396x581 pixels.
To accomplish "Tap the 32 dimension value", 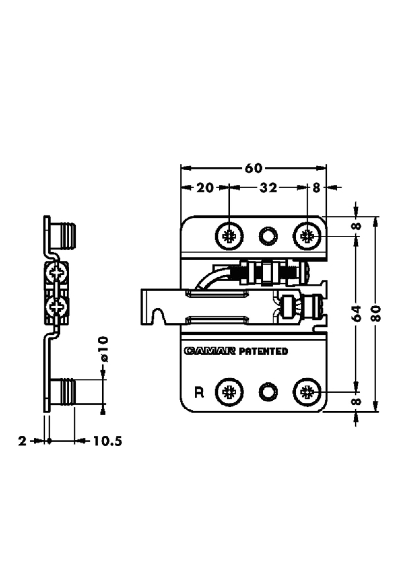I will click(268, 188).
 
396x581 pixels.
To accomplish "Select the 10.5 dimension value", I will click(108, 440).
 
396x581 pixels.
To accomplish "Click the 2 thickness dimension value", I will click(22, 440).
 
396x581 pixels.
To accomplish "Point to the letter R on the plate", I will click(199, 393).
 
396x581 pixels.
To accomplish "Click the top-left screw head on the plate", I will click(230, 236).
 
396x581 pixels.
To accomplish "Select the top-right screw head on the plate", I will click(307, 236).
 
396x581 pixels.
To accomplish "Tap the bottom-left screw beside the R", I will click(230, 392).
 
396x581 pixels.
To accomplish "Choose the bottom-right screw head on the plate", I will click(307, 392).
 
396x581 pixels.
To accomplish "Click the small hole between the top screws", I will click(268, 236).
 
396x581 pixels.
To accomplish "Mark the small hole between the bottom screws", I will click(268, 392).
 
